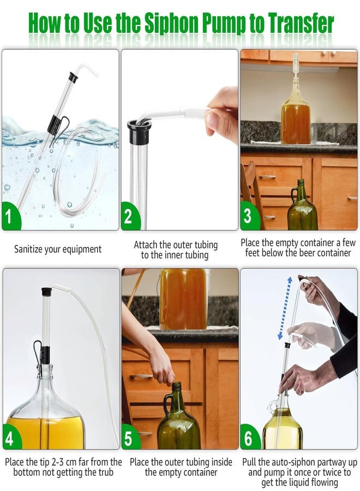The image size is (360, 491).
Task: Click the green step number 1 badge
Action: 10,217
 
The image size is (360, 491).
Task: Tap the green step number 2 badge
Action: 129,217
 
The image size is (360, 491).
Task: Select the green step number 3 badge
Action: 248,217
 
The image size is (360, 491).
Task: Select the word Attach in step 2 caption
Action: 146,245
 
